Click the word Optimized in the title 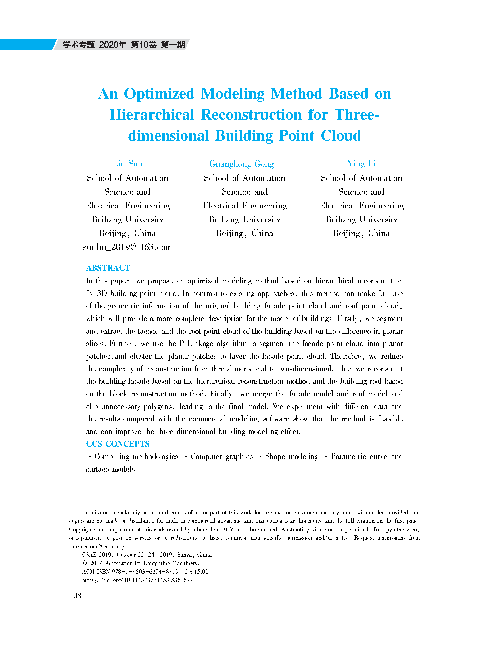[159, 94]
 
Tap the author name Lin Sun [127, 164]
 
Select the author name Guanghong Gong [241, 164]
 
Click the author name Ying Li [361, 164]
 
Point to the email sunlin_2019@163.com [127, 247]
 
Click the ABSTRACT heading [108, 268]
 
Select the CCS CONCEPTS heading [118, 443]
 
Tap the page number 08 [77, 596]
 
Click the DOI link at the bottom [137, 580]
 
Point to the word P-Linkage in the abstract [196, 343]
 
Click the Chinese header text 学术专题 [78, 45]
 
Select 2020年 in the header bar [112, 45]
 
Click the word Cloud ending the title [341, 136]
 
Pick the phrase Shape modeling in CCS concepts [292, 456]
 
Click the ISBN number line [145, 571]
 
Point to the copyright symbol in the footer [84, 563]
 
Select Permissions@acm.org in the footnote [97, 546]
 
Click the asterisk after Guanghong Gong [277, 161]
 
